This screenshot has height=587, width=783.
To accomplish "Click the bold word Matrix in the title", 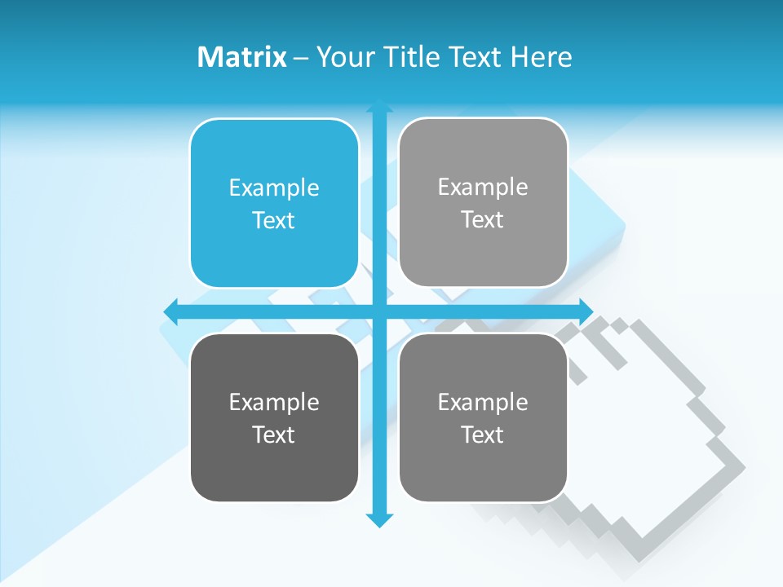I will point(242,57).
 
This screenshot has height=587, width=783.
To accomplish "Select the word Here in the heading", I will point(542,57).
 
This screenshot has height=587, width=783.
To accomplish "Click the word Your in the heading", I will point(345,57).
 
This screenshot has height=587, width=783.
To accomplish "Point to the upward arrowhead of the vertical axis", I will point(379,107).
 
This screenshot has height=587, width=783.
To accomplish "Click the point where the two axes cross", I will point(379,311).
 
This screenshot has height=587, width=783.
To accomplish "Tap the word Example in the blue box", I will point(274,188).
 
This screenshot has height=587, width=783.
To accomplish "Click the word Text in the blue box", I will point(274,220).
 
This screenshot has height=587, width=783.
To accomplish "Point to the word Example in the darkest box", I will point(274,402).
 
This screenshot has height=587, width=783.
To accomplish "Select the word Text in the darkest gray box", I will point(274,435).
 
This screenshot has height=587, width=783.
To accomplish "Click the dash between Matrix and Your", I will point(301,58).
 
